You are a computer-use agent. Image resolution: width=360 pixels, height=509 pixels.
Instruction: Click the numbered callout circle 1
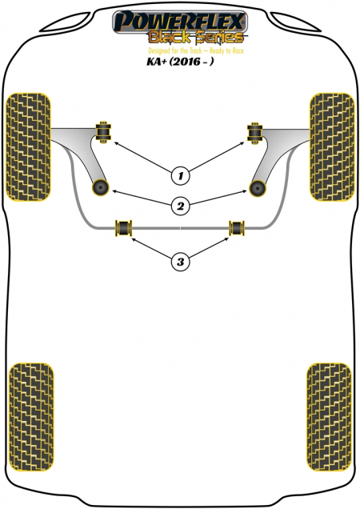pos(181,176)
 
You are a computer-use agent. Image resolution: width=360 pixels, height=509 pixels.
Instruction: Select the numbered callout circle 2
pos(181,206)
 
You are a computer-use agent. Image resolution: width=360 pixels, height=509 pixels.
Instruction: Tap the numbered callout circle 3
pos(181,262)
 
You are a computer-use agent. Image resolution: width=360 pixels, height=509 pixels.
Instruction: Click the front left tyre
pos(28,147)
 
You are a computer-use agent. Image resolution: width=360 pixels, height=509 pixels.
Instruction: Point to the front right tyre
pos(332,147)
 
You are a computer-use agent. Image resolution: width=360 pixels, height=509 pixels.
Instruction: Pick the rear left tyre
pos(31,417)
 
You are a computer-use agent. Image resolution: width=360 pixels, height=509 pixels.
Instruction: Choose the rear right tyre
pos(329,417)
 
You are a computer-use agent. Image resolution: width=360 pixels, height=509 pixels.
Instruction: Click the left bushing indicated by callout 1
pos(103,131)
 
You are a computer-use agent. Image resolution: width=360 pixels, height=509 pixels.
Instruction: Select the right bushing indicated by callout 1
pos(255,133)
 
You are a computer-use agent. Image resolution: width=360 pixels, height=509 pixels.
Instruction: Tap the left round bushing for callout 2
pos(100,187)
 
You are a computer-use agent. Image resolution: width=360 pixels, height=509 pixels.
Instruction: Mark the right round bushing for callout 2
pos(258,188)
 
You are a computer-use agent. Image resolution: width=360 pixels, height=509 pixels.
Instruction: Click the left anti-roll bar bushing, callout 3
pos(124,228)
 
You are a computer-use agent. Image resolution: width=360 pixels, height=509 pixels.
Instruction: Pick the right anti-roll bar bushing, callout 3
pos(237,228)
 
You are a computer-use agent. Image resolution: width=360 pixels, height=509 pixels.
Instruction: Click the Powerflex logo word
pos(180,21)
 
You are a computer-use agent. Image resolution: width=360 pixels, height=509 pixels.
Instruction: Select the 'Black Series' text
pos(196,38)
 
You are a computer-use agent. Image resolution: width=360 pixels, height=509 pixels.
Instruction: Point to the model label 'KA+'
pos(157,61)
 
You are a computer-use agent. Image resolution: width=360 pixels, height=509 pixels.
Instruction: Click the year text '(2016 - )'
pos(192,61)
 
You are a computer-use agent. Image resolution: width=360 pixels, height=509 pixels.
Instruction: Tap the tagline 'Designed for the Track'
pos(174,50)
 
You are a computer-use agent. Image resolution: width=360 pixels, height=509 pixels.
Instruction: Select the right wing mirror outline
pos(295,22)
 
